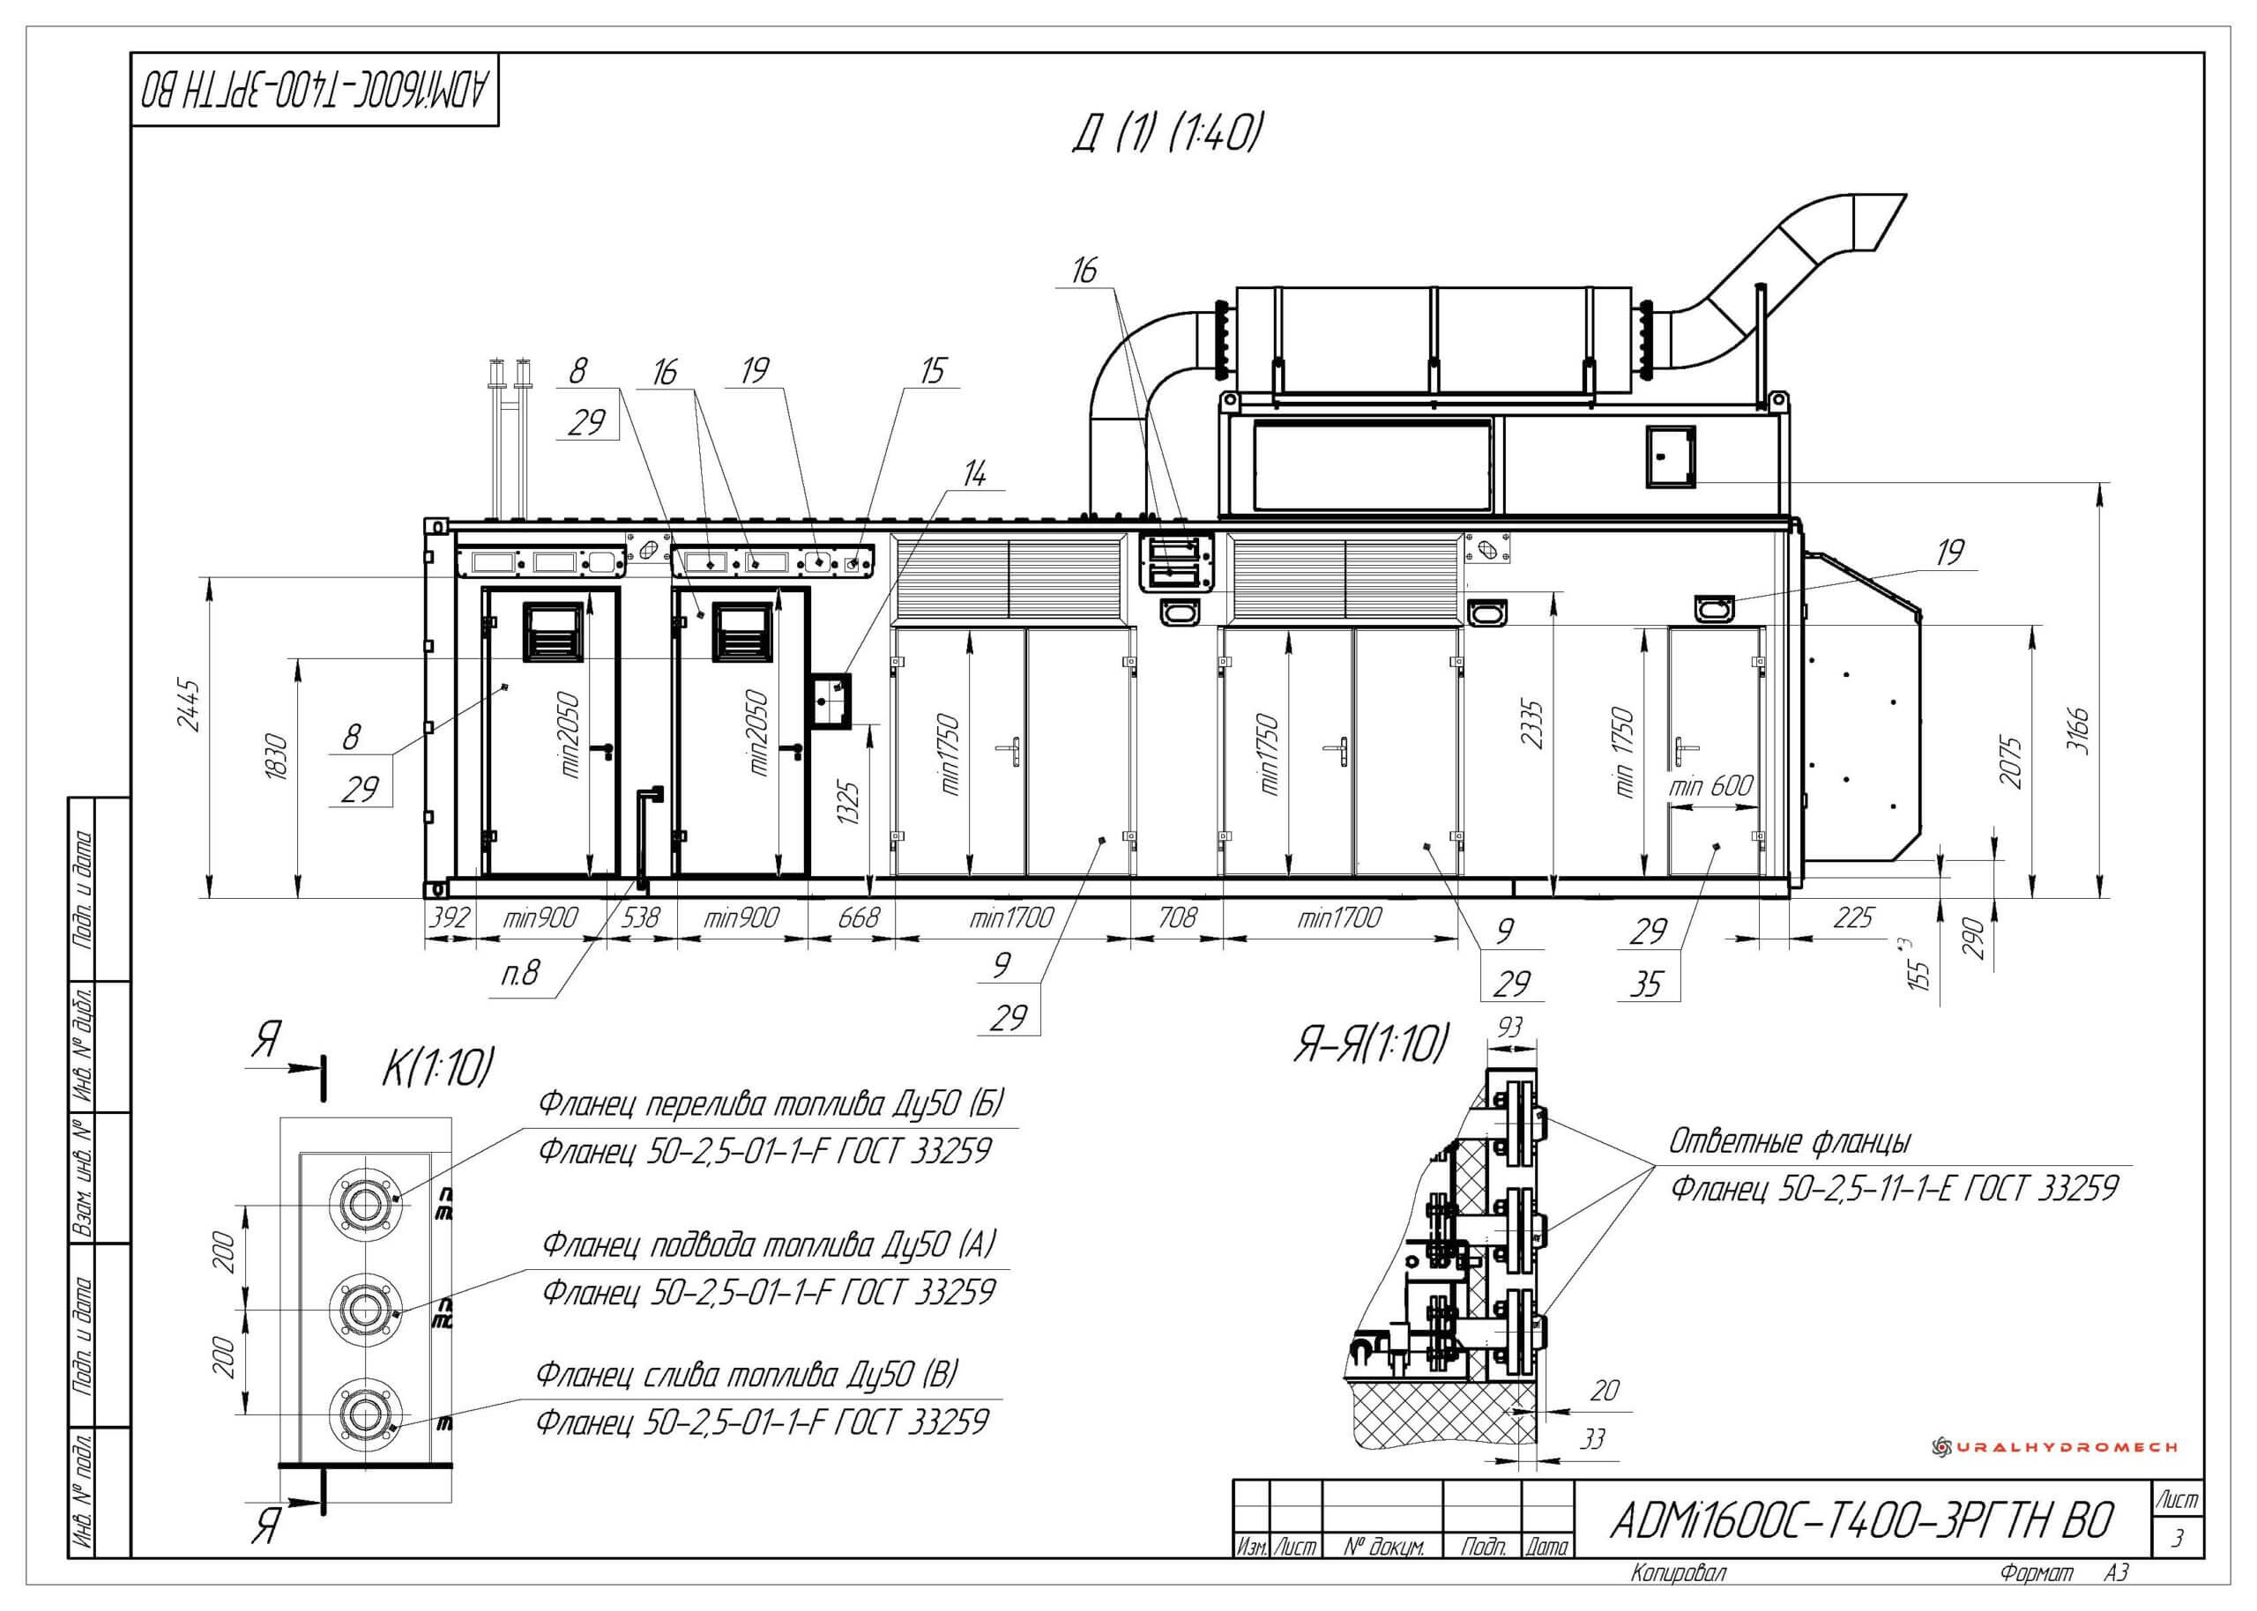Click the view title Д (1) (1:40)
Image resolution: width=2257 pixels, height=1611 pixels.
point(1166,134)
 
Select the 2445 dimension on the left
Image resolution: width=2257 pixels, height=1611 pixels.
point(190,704)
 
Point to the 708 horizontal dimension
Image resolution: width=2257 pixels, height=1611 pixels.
point(1177,917)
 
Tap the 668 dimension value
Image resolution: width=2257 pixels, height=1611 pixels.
point(858,917)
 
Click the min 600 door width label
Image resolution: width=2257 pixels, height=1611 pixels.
point(1710,785)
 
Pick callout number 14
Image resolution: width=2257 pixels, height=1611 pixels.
point(975,475)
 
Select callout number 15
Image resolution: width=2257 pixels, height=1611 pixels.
point(933,371)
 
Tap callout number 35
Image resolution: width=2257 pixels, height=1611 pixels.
point(1647,984)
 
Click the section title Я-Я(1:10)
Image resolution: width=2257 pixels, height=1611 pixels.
point(1369,1045)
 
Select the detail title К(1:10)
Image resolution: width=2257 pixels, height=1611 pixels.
point(437,1067)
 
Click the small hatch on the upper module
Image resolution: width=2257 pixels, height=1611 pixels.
point(1672,457)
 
